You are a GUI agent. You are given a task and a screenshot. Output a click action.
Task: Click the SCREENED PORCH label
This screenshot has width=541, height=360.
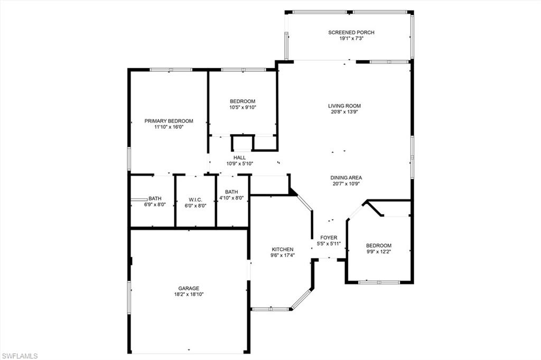coord(351,33)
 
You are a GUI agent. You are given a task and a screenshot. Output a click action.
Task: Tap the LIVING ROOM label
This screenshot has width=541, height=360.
coord(344,106)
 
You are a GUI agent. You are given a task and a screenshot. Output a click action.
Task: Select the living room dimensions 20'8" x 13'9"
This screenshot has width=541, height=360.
coord(344,112)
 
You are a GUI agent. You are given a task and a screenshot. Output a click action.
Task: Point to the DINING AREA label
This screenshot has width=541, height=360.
coord(347,178)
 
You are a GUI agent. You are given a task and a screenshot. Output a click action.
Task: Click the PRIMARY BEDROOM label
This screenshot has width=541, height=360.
coord(169,121)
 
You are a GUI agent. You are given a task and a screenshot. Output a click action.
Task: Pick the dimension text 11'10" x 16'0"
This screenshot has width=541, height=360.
coord(169,127)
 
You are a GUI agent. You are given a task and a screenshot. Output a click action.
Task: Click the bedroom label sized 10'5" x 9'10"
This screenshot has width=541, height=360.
coord(242,101)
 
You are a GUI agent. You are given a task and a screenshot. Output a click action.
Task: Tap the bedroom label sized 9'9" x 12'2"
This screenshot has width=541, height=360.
coord(379,245)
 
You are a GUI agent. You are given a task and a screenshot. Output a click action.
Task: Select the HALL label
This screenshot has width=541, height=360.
coord(239,157)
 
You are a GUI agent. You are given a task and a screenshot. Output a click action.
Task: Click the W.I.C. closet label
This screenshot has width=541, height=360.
coord(195,200)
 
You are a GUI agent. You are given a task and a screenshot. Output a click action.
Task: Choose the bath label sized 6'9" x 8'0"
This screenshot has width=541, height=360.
coord(155,198)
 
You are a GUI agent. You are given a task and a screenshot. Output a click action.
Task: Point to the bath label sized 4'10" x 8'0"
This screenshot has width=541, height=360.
coord(231,192)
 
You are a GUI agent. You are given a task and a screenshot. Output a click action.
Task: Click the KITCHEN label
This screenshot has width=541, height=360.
coord(282,249)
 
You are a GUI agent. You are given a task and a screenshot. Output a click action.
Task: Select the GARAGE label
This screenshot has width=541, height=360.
coord(189,288)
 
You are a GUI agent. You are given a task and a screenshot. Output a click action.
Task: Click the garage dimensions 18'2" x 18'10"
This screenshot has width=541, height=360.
coord(189,295)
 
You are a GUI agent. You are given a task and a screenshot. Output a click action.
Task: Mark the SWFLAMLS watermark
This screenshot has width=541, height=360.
coord(20,356)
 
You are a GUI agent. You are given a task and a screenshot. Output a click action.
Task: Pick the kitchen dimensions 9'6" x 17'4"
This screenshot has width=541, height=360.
coord(282,255)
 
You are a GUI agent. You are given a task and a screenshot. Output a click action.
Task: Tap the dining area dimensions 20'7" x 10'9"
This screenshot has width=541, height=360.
coord(347,184)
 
